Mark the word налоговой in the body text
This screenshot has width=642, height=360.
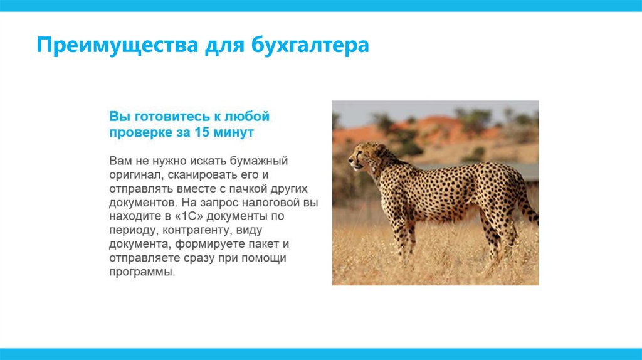(x=271, y=203)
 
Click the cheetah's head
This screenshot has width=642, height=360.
(x=366, y=156)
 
